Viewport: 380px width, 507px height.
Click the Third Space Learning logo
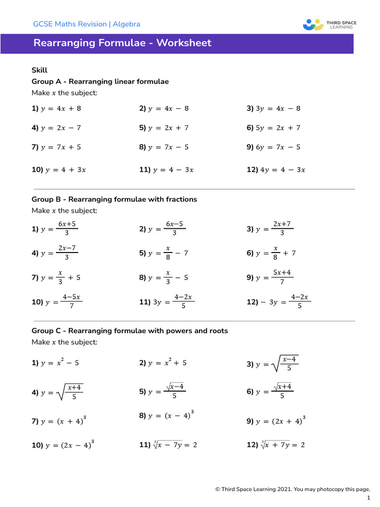pyautogui.click(x=330, y=24)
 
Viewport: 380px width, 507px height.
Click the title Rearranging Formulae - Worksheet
pyautogui.click(x=122, y=43)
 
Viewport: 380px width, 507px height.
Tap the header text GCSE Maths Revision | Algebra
pyautogui.click(x=86, y=24)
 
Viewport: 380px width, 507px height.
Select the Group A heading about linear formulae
pyautogui.click(x=100, y=82)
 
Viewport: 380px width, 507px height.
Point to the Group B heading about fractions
pyautogui.click(x=114, y=199)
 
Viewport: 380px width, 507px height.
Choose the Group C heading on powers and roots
pyautogui.click(x=130, y=330)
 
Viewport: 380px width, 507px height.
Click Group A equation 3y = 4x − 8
pyautogui.click(x=274, y=108)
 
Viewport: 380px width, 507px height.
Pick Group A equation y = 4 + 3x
pyautogui.click(x=59, y=170)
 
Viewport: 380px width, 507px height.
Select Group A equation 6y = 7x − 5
pyautogui.click(x=274, y=147)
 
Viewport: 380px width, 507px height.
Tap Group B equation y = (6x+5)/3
pyautogui.click(x=55, y=228)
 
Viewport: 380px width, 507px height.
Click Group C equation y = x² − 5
pyautogui.click(x=55, y=362)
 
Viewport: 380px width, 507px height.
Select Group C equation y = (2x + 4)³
pyautogui.click(x=276, y=421)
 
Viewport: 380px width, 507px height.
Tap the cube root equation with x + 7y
pyautogui.click(x=276, y=445)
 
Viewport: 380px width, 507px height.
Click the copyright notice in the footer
pyautogui.click(x=292, y=489)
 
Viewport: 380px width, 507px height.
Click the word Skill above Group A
pyautogui.click(x=40, y=70)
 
